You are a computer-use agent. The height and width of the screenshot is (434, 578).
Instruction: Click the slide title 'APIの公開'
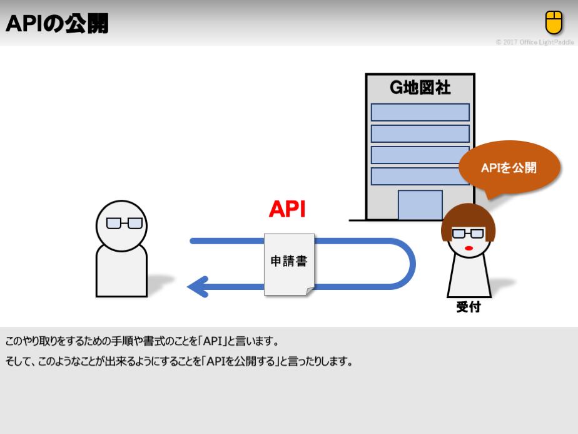point(57,24)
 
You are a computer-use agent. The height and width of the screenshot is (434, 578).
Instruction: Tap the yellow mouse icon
point(554,23)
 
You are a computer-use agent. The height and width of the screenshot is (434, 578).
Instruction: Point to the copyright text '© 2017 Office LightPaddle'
point(534,43)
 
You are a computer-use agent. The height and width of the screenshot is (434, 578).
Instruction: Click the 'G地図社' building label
point(420,87)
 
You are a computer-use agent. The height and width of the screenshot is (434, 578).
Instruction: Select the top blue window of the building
point(420,112)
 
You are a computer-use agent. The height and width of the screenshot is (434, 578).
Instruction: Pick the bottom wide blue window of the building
point(420,176)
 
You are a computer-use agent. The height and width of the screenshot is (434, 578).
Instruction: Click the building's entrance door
point(420,205)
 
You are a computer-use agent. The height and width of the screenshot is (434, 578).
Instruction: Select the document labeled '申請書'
point(289,263)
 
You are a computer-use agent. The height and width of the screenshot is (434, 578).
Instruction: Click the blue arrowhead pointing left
point(198,287)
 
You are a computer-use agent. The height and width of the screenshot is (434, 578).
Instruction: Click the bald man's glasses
point(124,223)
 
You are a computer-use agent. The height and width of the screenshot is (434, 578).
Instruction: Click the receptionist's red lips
point(468,249)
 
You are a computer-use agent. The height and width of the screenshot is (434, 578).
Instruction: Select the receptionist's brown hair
point(468,216)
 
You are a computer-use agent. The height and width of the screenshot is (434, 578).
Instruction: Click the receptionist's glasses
point(468,234)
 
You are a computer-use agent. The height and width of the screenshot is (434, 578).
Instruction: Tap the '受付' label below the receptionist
point(469,307)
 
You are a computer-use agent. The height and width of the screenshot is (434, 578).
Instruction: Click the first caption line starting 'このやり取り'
point(142,342)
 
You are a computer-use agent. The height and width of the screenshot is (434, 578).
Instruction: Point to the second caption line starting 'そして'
point(179,361)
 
